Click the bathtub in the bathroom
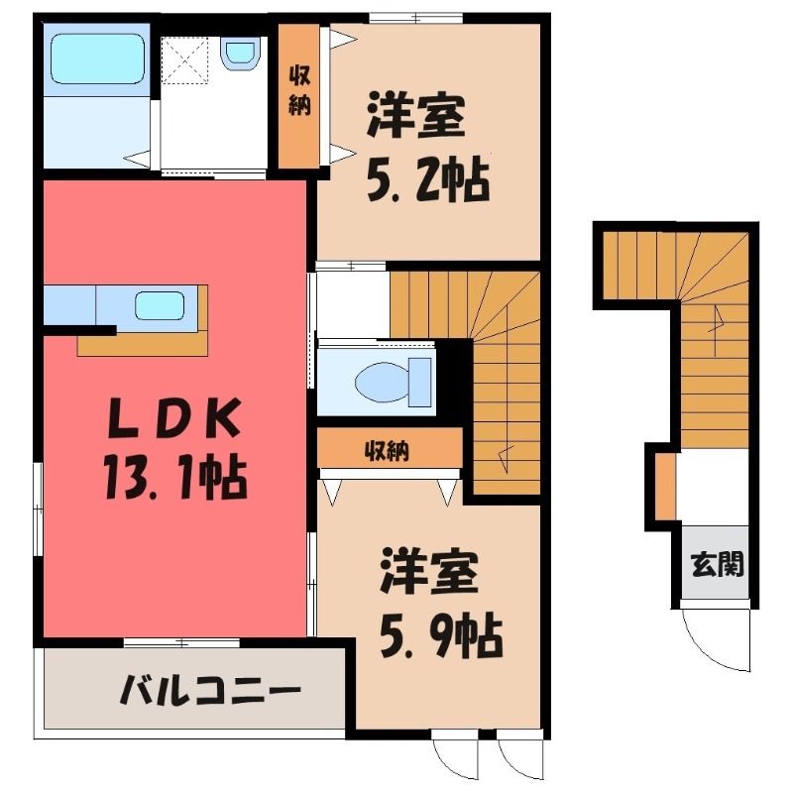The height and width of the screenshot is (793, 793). tap(97, 58)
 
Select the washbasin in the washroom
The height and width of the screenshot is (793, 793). tap(240, 56)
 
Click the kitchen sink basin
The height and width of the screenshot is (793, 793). tap(159, 305)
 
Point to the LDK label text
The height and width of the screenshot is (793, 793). tap(174, 418)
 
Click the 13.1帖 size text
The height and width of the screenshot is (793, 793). tap(175, 477)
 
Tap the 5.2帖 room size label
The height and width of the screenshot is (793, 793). tap(428, 179)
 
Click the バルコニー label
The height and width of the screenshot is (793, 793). tap(210, 689)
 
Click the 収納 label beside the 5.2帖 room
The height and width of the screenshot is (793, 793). tap(299, 92)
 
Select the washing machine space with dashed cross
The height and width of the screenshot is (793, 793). tap(184, 60)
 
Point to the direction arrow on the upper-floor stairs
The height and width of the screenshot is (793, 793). tap(506, 459)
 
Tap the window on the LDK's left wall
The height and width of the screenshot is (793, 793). tap(38, 510)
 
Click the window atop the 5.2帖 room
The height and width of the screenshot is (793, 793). tap(415, 18)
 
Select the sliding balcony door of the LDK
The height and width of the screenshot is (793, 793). tap(181, 642)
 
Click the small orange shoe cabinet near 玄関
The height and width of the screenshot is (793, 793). tap(665, 487)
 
